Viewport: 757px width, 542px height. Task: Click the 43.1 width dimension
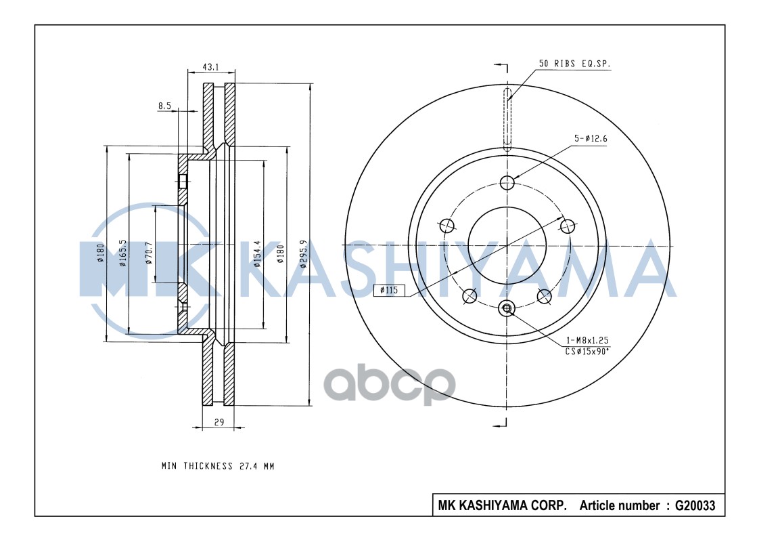[x=211, y=67]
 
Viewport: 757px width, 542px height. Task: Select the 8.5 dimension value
[x=164, y=106]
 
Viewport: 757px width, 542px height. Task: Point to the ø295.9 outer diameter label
[x=304, y=254]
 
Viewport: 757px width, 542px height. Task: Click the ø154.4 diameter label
[x=258, y=254]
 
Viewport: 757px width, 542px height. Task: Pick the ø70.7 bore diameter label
[x=149, y=254]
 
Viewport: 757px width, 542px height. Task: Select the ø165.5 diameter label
[x=122, y=253]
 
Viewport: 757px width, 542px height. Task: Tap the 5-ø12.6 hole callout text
[x=591, y=139]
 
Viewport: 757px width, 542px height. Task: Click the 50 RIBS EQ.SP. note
[x=574, y=64]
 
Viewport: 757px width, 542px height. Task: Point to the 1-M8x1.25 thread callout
[x=586, y=339]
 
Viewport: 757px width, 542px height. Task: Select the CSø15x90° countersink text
[x=587, y=350]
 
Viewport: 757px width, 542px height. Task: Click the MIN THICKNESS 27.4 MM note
[x=218, y=466]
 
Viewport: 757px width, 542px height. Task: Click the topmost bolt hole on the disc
[x=507, y=182]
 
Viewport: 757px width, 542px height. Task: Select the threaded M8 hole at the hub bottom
[x=507, y=309]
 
